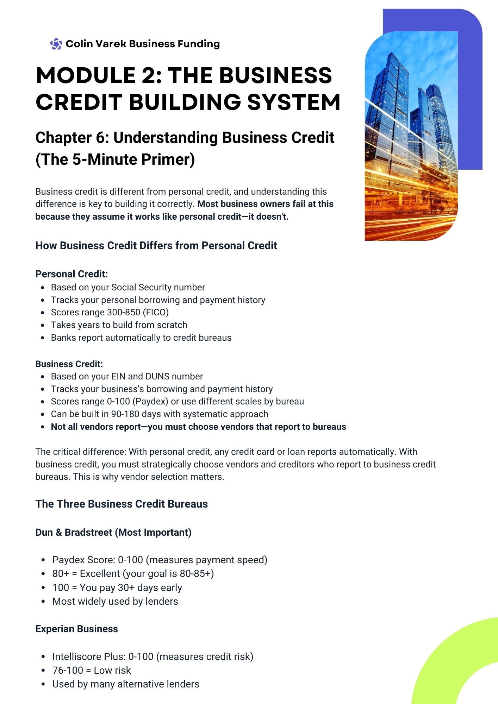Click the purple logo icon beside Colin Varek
(x=56, y=44)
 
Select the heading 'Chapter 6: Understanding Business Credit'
(x=185, y=138)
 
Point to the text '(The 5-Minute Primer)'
(x=115, y=159)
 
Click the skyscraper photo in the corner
(x=411, y=137)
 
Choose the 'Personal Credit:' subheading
(x=71, y=274)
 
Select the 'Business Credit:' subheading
(x=69, y=364)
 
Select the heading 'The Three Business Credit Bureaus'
(x=122, y=504)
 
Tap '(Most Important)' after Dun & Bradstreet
(x=153, y=532)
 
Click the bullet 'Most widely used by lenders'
(x=115, y=601)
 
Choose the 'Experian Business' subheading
(x=76, y=629)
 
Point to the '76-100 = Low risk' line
(x=92, y=670)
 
